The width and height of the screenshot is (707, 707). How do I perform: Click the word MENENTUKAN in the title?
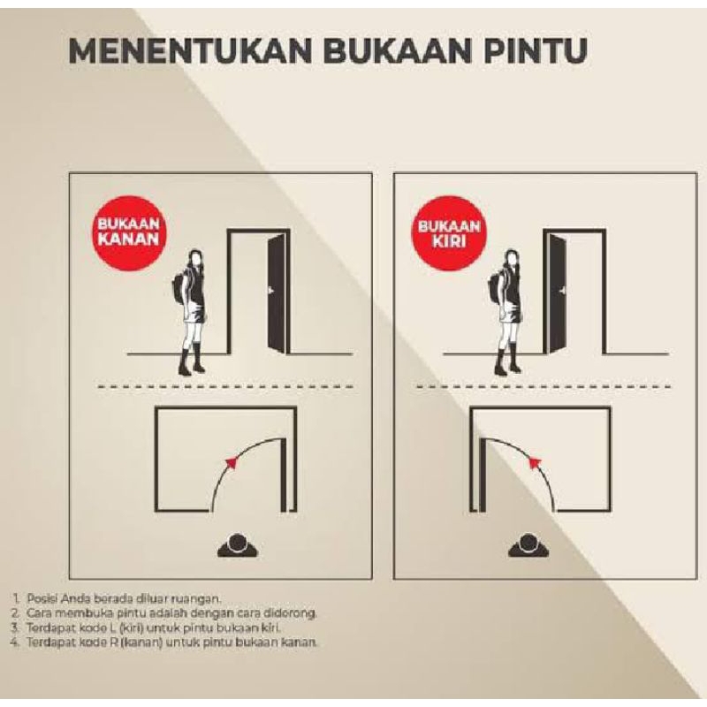(x=190, y=51)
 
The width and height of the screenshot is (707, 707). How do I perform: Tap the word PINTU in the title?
(x=536, y=51)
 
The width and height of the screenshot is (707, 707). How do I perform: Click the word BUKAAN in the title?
(x=398, y=51)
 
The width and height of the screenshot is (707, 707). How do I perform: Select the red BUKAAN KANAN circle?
(x=128, y=232)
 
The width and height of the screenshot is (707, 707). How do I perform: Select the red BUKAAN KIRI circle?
(x=449, y=232)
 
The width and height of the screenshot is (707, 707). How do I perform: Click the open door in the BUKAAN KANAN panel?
(x=277, y=293)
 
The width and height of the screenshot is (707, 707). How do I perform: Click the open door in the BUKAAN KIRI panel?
(x=555, y=293)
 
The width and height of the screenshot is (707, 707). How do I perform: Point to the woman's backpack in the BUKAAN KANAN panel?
(x=179, y=286)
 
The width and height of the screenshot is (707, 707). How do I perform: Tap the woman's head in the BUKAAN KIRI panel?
(x=512, y=259)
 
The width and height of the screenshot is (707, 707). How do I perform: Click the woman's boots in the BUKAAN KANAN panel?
(x=192, y=361)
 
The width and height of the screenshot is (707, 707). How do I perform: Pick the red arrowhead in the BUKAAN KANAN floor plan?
(x=232, y=463)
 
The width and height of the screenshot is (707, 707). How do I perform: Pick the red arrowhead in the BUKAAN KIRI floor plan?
(x=535, y=462)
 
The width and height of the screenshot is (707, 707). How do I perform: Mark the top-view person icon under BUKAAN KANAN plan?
(x=238, y=545)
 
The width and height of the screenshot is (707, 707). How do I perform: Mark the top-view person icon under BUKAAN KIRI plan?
(x=528, y=545)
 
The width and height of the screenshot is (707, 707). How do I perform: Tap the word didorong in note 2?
(x=293, y=613)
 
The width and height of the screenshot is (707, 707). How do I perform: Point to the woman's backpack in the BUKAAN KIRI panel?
(x=495, y=286)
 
